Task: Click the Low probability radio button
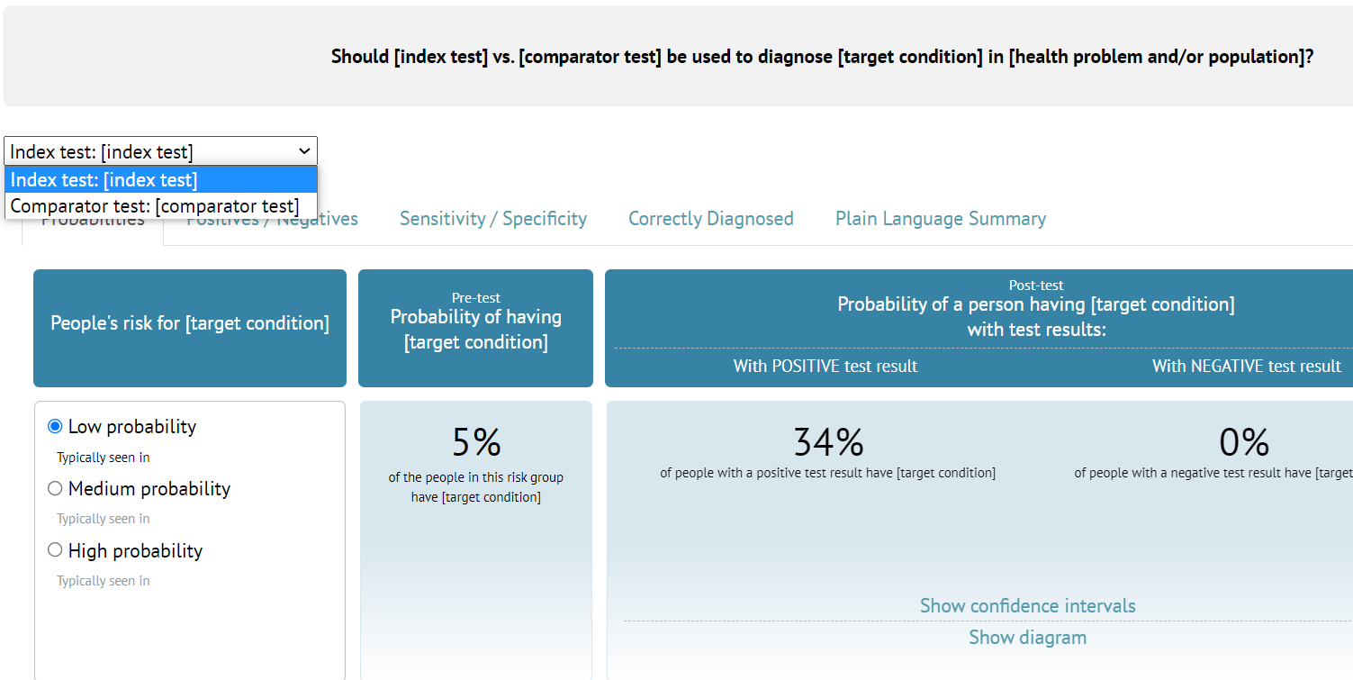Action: click(x=55, y=426)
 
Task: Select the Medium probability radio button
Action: click(x=55, y=488)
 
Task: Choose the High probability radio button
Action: click(x=55, y=550)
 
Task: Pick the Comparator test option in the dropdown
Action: click(x=155, y=206)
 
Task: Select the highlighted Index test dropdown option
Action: click(x=104, y=180)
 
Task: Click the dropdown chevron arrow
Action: click(x=304, y=151)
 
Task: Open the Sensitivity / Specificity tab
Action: click(x=493, y=219)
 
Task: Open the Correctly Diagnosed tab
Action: click(x=711, y=219)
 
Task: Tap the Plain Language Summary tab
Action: click(x=941, y=219)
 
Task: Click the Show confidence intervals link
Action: click(x=1027, y=606)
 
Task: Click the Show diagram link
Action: click(x=1027, y=638)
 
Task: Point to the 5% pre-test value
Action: click(x=476, y=442)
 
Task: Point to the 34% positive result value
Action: click(x=828, y=442)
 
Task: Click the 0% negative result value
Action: click(x=1244, y=442)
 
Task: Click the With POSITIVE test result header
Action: click(x=825, y=367)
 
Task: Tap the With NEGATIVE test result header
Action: click(x=1247, y=367)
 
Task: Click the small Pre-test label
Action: click(x=476, y=297)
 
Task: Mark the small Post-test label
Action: click(x=1036, y=285)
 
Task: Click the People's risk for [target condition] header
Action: click(x=190, y=323)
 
